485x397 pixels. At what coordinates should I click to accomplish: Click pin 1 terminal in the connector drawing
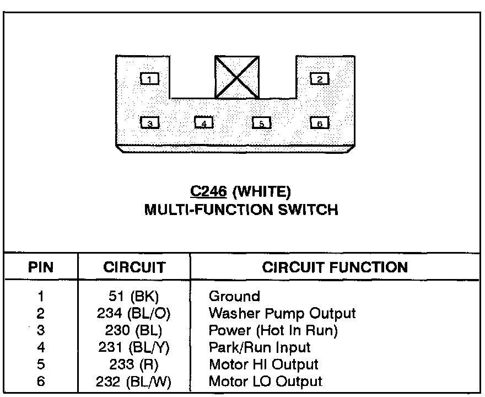[149, 79]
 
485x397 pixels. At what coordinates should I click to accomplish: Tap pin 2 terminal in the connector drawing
[320, 79]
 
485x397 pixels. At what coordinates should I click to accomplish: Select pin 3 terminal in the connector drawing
[149, 123]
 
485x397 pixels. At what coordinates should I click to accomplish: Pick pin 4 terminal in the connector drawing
[204, 123]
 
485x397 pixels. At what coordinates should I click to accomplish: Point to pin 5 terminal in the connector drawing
[262, 123]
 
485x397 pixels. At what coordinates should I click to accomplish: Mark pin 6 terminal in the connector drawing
[320, 123]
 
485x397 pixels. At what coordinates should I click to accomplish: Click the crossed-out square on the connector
[237, 77]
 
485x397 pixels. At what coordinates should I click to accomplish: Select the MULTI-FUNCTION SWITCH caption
[241, 210]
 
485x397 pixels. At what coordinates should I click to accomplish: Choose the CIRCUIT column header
[134, 268]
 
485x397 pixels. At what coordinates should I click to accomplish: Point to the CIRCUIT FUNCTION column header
[335, 268]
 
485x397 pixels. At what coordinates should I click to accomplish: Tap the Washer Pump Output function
[282, 314]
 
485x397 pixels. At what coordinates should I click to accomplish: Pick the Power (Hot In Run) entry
[273, 331]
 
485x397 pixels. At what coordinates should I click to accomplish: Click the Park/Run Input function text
[260, 348]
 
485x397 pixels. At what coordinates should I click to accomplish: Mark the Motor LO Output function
[265, 381]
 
